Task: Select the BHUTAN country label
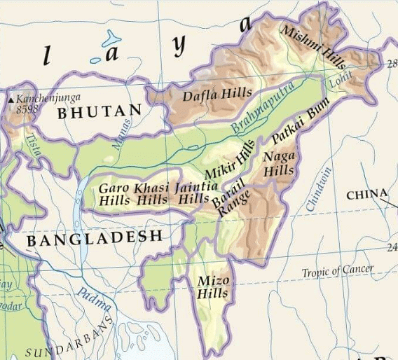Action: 99,111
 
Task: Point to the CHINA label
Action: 366,193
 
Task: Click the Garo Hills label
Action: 113,193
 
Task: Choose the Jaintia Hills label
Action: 193,193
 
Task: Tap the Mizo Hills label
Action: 212,287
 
